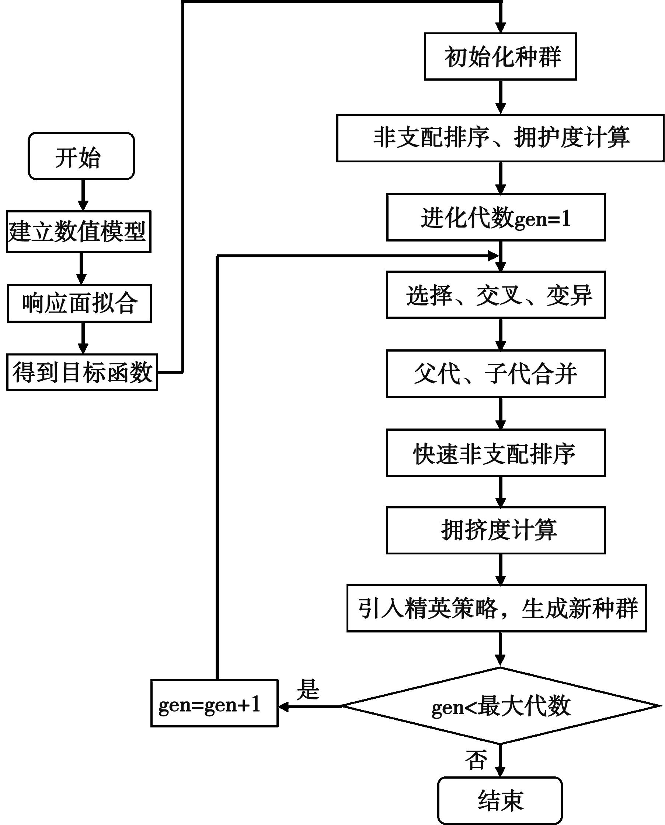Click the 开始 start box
pos(81,156)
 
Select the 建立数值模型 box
pos(79,232)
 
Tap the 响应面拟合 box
pos(79,303)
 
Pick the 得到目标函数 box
pos(82,372)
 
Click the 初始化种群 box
pos(500,57)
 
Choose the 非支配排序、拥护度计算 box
pos(500,138)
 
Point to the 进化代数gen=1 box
pos(496,217)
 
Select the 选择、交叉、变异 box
pos(496,295)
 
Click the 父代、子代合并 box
pos(496,373)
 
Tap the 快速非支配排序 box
pos(496,453)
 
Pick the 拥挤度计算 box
pos(496,530)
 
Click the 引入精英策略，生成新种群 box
pos(497,609)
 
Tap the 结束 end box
pos(499,800)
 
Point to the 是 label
pos(308,690)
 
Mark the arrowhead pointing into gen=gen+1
pos(283,707)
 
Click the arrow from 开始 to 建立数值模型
pos(83,195)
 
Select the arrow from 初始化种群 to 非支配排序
pos(500,97)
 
